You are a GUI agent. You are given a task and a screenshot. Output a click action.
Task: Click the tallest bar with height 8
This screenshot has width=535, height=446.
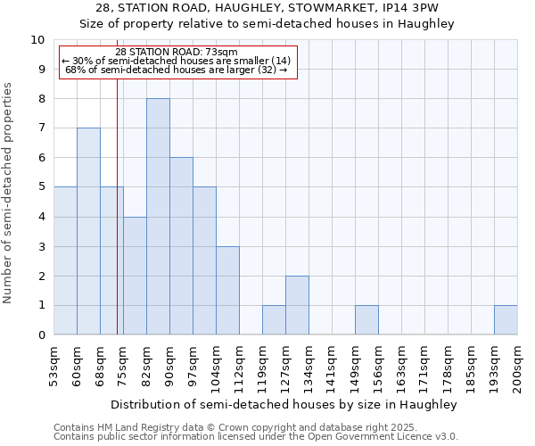pos(158,217)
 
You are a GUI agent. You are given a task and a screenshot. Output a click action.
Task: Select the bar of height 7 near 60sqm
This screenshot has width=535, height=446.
pos(88,231)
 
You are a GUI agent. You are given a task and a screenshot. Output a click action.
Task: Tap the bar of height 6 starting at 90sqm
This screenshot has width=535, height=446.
pos(181,246)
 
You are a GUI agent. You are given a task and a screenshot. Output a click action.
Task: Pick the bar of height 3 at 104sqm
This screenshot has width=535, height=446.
pos(227,290)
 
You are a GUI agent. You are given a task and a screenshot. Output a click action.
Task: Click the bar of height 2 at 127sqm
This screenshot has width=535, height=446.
pos(297,305)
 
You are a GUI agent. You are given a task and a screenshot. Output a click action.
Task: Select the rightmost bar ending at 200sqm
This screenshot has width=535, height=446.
pos(506,319)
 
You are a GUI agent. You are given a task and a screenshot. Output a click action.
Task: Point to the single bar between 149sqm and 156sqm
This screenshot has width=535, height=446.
pos(366,319)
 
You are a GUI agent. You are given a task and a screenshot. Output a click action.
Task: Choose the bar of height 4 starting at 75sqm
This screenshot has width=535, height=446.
pos(135,276)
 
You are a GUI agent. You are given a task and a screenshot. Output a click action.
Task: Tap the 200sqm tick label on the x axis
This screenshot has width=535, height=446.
pos(518,368)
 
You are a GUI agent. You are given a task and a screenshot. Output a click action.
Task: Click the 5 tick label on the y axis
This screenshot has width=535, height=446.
pos(40,187)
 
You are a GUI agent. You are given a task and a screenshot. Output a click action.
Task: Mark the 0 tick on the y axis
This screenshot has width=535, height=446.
pos(40,335)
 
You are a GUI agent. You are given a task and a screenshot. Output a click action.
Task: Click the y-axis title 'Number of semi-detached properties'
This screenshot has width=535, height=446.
pos(9,193)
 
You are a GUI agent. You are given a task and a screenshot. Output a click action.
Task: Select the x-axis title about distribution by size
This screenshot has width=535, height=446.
pos(284,404)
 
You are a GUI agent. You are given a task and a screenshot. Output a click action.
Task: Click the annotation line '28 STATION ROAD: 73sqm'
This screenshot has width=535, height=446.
pos(177,53)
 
